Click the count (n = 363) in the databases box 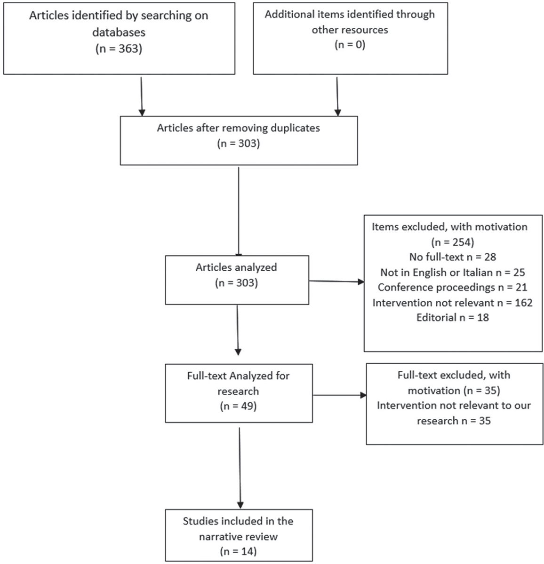click(x=119, y=49)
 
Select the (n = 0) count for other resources click(x=350, y=45)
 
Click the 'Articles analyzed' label click(x=236, y=267)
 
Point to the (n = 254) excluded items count click(x=453, y=242)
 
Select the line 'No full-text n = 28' click(x=453, y=257)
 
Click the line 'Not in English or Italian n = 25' click(x=453, y=273)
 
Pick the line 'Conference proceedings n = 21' click(x=453, y=287)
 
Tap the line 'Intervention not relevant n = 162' click(x=453, y=303)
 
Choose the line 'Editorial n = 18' click(x=453, y=317)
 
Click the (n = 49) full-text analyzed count click(x=238, y=407)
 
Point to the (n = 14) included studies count click(x=238, y=551)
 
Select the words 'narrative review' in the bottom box click(x=238, y=536)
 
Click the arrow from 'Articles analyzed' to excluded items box click(x=336, y=281)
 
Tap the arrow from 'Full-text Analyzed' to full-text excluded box click(x=339, y=395)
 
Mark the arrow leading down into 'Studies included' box click(x=240, y=468)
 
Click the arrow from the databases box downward click(x=142, y=96)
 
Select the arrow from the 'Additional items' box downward click(x=337, y=96)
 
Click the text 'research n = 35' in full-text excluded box click(x=454, y=421)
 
